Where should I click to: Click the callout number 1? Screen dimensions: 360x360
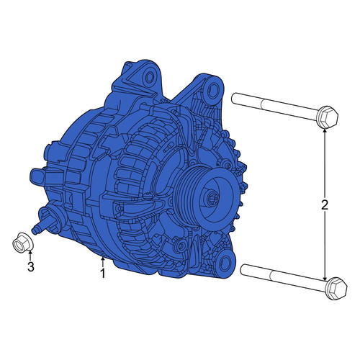(103, 274)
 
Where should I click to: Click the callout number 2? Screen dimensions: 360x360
(325, 204)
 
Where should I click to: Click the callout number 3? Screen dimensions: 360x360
(31, 266)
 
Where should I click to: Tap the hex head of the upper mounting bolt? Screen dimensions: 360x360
(328, 117)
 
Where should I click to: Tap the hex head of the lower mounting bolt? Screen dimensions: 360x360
(337, 289)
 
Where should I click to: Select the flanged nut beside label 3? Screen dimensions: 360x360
(22, 243)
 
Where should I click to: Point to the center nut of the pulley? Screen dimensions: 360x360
(212, 199)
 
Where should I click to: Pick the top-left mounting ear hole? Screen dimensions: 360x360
(150, 77)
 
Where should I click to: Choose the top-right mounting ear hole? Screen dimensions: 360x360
(213, 91)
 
